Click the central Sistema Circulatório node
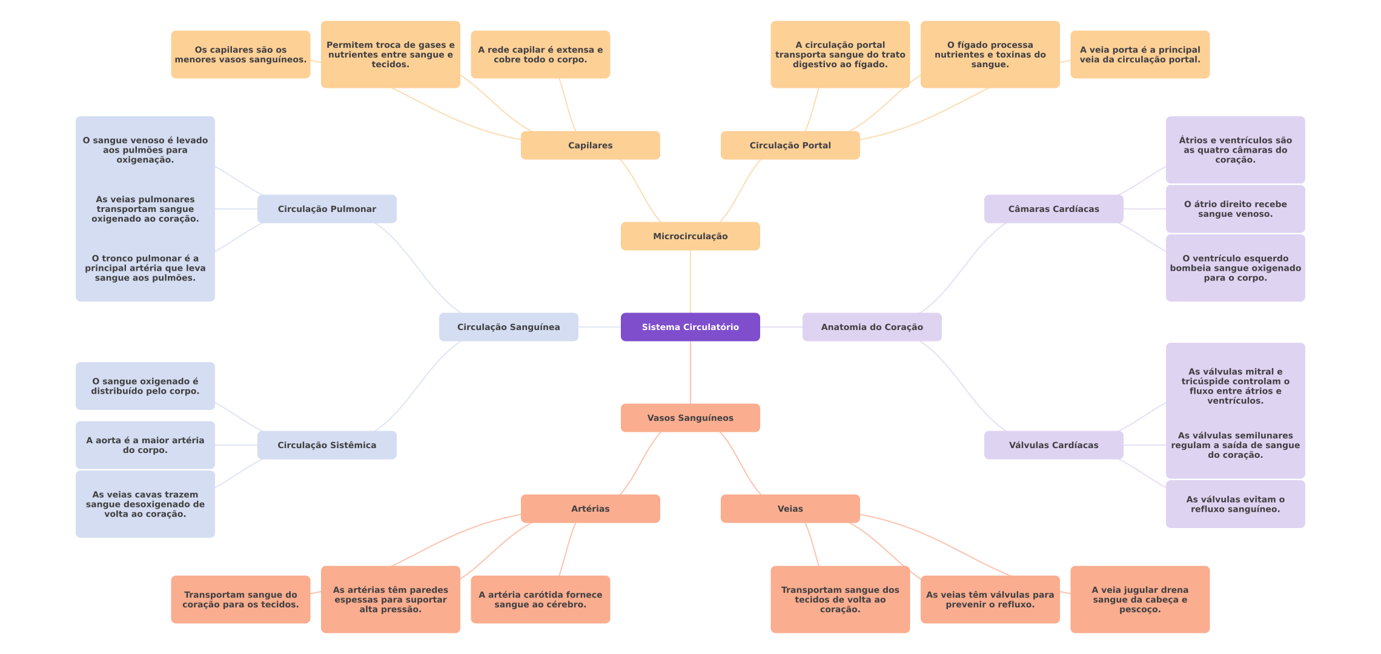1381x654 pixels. pyautogui.click(x=690, y=327)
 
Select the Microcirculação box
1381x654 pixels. pyautogui.click(x=690, y=236)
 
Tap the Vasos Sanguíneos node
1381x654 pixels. pyautogui.click(x=690, y=418)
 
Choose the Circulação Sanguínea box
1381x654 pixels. pyautogui.click(x=508, y=327)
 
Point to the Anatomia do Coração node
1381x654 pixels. pyautogui.click(x=872, y=327)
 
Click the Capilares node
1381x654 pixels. pyautogui.click(x=590, y=145)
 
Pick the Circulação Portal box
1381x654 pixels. pyautogui.click(x=790, y=145)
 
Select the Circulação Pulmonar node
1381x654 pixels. pyautogui.click(x=326, y=209)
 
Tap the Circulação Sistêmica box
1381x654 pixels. pyautogui.click(x=326, y=445)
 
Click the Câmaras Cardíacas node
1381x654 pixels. pyautogui.click(x=1053, y=209)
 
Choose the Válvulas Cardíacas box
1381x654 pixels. pyautogui.click(x=1053, y=445)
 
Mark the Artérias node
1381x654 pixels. pyautogui.click(x=590, y=509)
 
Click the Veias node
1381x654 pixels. pyautogui.click(x=790, y=509)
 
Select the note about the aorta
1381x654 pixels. pyautogui.click(x=145, y=445)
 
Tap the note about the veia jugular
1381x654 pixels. pyautogui.click(x=1139, y=599)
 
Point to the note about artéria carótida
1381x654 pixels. pyautogui.click(x=540, y=599)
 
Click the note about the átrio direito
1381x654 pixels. pyautogui.click(x=1235, y=209)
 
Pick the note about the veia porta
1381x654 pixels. pyautogui.click(x=1139, y=54)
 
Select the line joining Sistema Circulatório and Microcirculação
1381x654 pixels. pyautogui.click(x=691, y=282)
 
